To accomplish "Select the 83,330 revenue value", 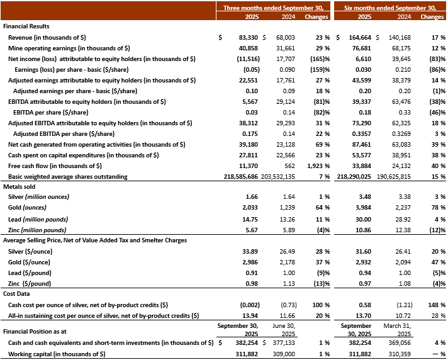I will tap(244, 38).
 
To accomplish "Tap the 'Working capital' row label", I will tap(57, 355).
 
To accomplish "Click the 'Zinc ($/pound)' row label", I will tap(30, 284).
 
